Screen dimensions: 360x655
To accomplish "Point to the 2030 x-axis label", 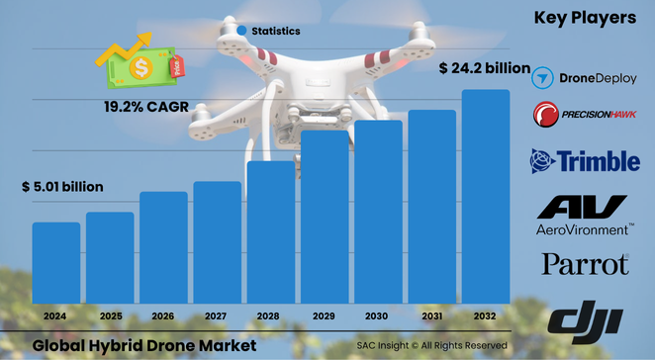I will point(378,315).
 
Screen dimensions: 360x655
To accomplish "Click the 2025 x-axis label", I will point(110,315).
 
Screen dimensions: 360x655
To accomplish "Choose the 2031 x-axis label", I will point(431,315).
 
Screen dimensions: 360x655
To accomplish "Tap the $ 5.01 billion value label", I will point(62,187).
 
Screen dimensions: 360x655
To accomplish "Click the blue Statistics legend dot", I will point(241,31).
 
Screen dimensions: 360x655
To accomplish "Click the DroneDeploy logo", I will point(585,77).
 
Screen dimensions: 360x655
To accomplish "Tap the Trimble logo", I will point(585,160).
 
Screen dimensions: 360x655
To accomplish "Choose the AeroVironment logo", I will point(585,215).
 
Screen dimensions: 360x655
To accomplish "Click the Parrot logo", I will point(585,265).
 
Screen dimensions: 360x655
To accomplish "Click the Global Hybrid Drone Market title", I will point(143,345).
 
